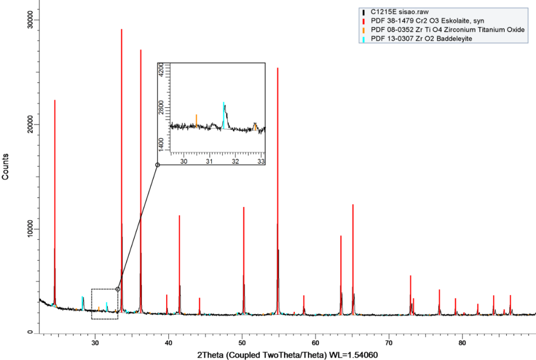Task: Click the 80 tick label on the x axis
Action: pos(462,343)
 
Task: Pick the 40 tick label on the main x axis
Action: pos(168,343)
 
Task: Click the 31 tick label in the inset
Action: pos(209,161)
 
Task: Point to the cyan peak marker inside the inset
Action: pos(223,114)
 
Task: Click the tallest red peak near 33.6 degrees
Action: pos(122,149)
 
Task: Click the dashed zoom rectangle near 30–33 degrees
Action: pos(105,303)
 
